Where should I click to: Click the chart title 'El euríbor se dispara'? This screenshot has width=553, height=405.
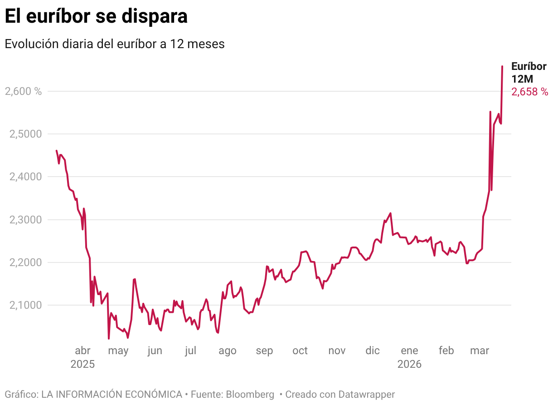[x=96, y=16]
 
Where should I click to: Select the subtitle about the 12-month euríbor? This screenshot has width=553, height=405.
[x=115, y=44]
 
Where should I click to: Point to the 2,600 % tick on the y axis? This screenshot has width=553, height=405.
[x=23, y=91]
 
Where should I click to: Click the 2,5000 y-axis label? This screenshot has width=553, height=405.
[x=25, y=134]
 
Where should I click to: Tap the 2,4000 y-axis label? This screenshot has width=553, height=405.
[x=25, y=177]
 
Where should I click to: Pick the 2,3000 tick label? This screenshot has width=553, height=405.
[x=25, y=220]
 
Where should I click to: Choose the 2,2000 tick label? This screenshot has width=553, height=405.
[x=25, y=262]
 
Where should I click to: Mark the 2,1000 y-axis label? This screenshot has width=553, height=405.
[x=25, y=305]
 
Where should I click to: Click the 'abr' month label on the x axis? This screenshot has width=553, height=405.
[x=82, y=351]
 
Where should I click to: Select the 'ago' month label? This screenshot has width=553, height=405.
[x=228, y=351]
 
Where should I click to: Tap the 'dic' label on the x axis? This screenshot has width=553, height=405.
[x=373, y=351]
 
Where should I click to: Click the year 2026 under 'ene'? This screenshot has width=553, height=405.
[x=409, y=364]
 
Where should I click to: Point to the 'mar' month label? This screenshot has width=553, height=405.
[x=480, y=351]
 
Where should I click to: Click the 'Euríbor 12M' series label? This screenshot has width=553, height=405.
[x=529, y=72]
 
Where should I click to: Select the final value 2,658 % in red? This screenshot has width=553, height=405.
[x=530, y=92]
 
